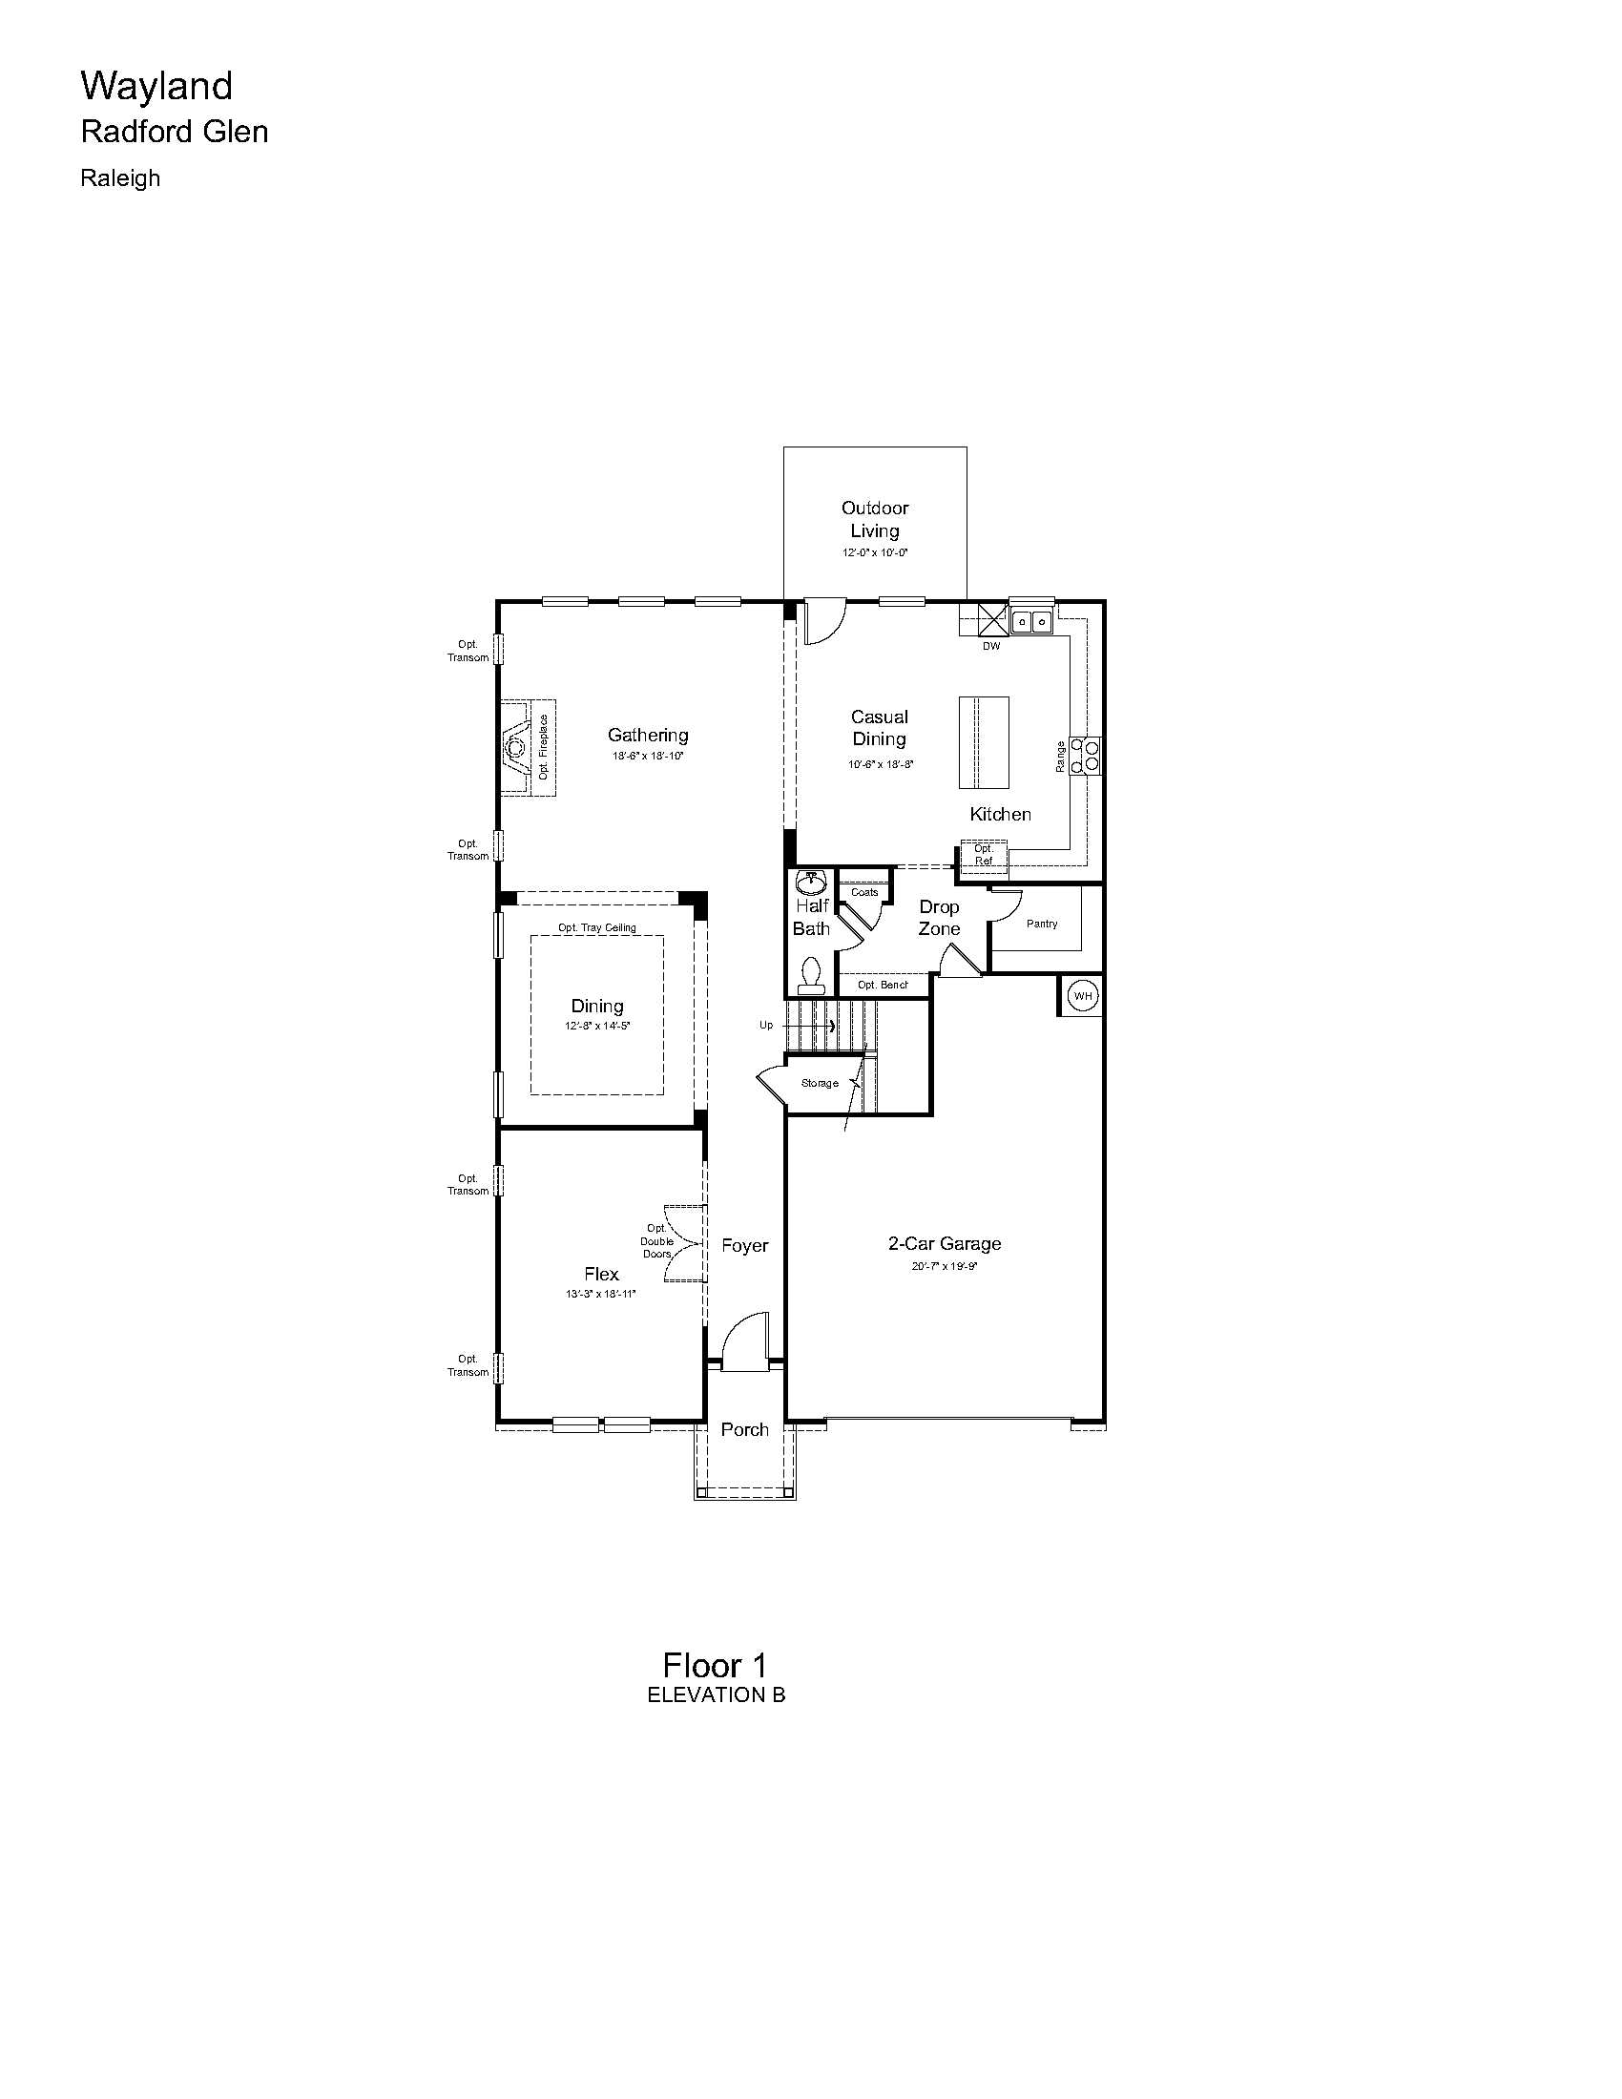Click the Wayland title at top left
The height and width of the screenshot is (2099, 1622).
pyautogui.click(x=156, y=87)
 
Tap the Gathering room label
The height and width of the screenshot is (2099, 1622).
pyautogui.click(x=648, y=736)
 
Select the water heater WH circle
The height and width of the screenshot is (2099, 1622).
pyautogui.click(x=1083, y=996)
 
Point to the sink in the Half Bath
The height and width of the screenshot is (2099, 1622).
pyautogui.click(x=812, y=883)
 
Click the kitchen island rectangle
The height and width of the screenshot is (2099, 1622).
pyautogui.click(x=984, y=742)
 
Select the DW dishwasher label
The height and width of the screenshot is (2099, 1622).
pyautogui.click(x=991, y=647)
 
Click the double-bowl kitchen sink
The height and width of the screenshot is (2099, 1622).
pyautogui.click(x=1031, y=621)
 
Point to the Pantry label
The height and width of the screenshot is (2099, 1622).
pyautogui.click(x=1042, y=924)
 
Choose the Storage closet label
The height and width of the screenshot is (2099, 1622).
pyautogui.click(x=820, y=1083)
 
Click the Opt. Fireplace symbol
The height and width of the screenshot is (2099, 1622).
pyautogui.click(x=528, y=748)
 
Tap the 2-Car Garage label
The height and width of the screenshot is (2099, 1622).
pyautogui.click(x=945, y=1243)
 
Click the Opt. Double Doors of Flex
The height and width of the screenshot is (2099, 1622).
pyautogui.click(x=686, y=1242)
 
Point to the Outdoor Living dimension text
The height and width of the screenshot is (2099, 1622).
pyautogui.click(x=875, y=552)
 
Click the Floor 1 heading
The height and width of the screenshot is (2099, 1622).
pyautogui.click(x=715, y=1666)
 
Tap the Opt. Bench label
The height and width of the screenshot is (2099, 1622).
pyautogui.click(x=883, y=986)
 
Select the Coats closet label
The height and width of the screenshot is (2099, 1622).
pyautogui.click(x=864, y=892)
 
